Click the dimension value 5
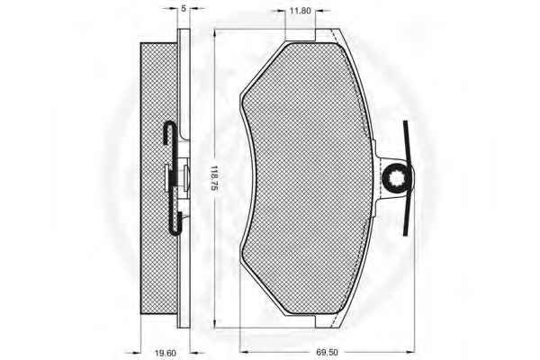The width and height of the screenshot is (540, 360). pyautogui.click(x=184, y=9)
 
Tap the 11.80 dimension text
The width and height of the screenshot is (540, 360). pyautogui.click(x=300, y=11)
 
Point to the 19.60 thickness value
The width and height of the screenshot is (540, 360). pyautogui.click(x=166, y=353)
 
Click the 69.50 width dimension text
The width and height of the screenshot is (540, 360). pyautogui.click(x=327, y=353)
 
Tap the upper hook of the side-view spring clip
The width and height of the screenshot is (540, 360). pyautogui.click(x=169, y=131)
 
